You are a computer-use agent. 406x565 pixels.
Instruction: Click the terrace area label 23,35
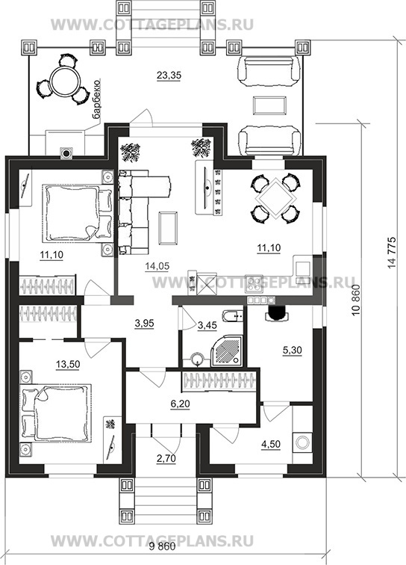coord(169,75)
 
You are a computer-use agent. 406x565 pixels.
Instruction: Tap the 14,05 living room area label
coord(157,266)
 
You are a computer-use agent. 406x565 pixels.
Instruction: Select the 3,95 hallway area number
coord(144,324)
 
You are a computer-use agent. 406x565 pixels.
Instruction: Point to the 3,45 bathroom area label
coord(207,325)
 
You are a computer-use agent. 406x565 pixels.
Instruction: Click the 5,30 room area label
coord(293,350)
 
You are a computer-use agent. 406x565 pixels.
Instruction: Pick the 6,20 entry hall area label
coord(180,404)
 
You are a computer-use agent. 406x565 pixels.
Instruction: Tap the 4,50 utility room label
coord(271,444)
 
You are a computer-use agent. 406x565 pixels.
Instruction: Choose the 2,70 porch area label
coord(166,459)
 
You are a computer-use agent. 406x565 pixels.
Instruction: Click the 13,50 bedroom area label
coord(68,364)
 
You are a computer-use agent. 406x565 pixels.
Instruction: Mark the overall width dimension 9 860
coord(162,546)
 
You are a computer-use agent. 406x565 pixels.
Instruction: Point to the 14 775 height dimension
coord(392,253)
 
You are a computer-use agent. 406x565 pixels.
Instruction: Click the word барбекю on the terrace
coord(96,100)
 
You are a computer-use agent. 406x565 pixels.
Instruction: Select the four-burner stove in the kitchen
coord(254,282)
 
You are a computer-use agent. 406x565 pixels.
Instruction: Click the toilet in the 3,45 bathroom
coord(233,317)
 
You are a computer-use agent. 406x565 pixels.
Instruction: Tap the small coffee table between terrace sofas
coord(269,105)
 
